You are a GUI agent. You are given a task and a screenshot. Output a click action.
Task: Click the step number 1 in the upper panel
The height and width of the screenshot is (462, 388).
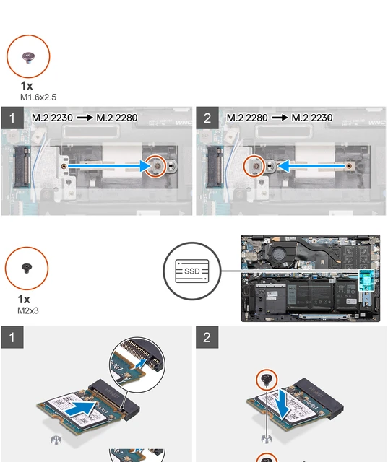click(x=11, y=118)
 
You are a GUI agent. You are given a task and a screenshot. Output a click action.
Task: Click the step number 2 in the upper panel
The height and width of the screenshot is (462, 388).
click(x=207, y=118)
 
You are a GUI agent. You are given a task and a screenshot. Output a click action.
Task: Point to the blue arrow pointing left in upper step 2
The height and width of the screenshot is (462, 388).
click(x=311, y=166)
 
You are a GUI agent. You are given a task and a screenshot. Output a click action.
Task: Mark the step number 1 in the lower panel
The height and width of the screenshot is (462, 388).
click(x=11, y=338)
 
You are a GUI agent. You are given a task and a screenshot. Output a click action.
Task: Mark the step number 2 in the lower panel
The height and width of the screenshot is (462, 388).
click(x=207, y=338)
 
